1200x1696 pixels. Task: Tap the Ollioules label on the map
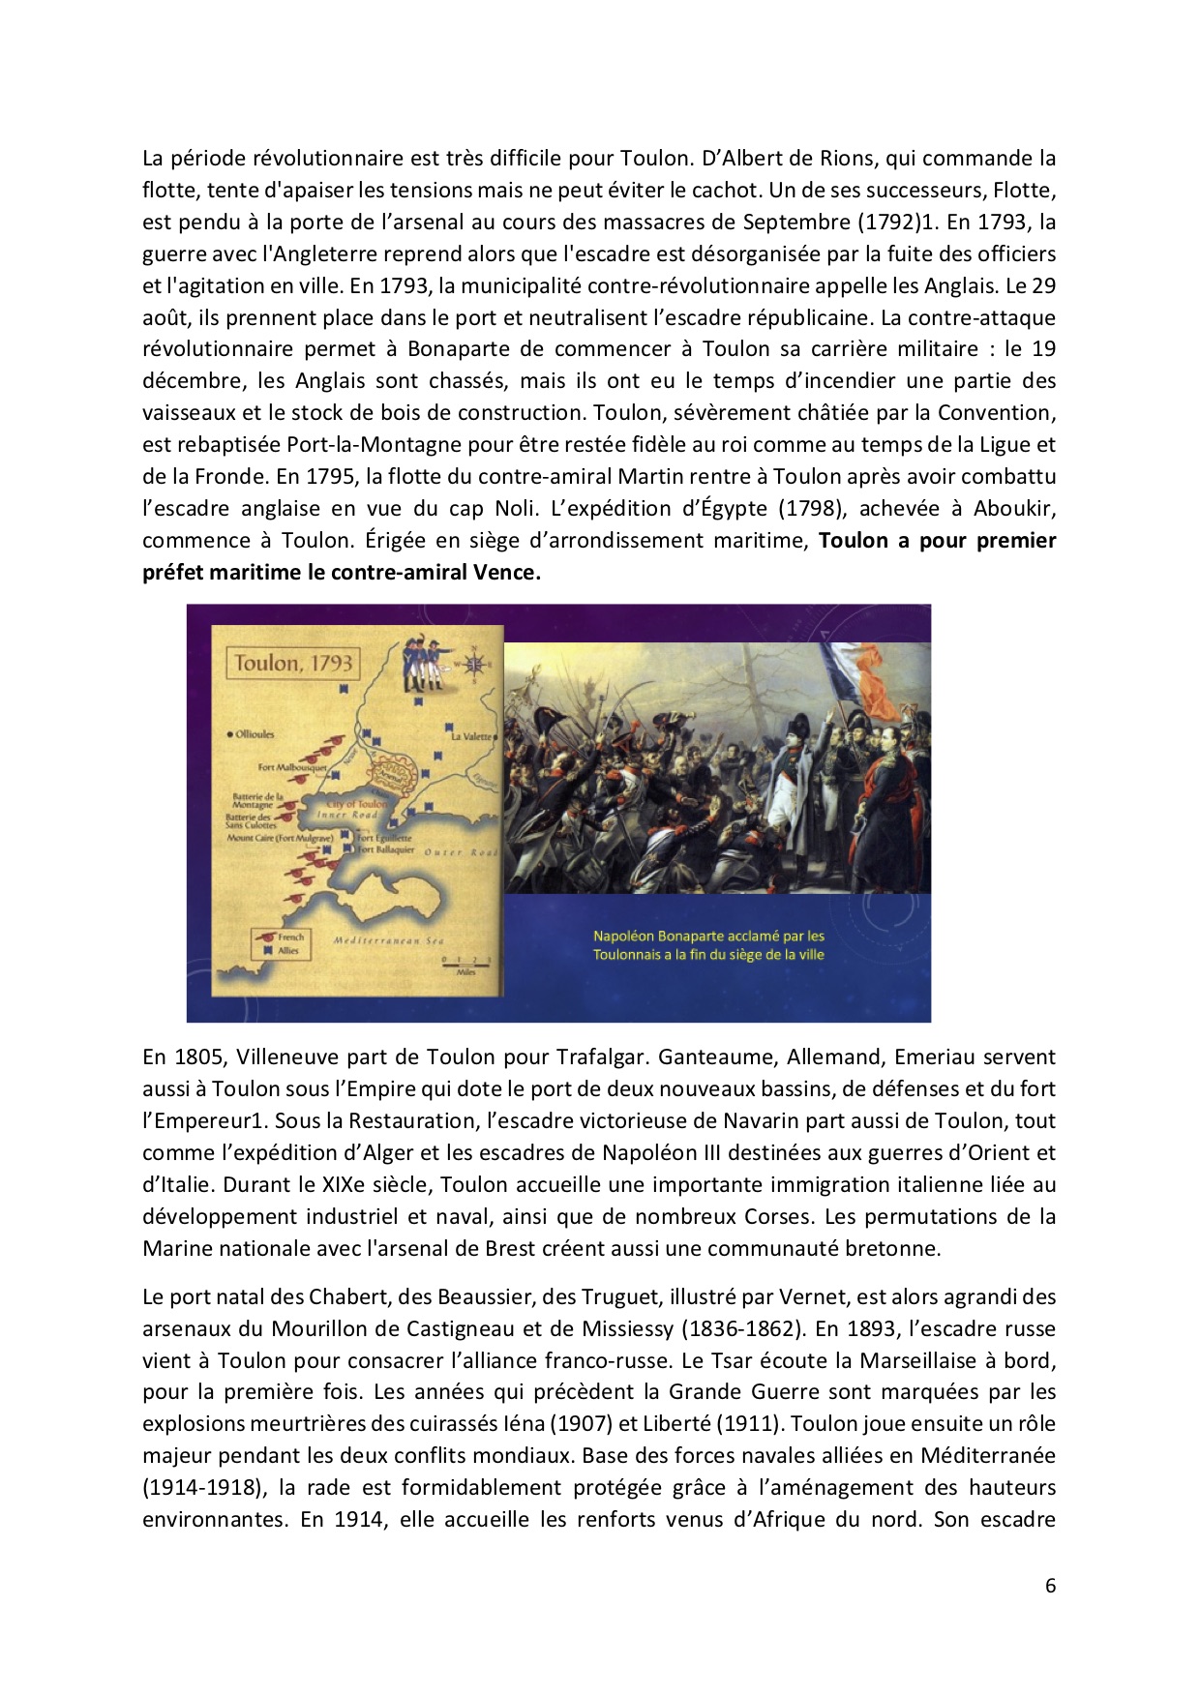click(x=254, y=734)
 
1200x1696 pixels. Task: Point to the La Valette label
click(x=471, y=736)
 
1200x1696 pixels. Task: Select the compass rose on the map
click(x=473, y=664)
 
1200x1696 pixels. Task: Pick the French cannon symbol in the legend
click(x=264, y=937)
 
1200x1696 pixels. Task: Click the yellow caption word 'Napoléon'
click(x=623, y=936)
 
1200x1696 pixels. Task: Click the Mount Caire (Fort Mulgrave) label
click(x=280, y=838)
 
